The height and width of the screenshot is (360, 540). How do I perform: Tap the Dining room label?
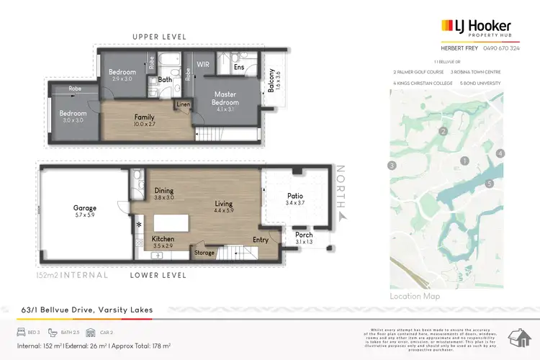[164, 190]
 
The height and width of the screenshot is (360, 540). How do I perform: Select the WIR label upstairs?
[204, 64]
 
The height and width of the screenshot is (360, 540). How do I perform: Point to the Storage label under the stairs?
[204, 253]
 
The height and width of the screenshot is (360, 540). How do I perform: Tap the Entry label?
[261, 240]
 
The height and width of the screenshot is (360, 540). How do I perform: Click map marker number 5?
[489, 184]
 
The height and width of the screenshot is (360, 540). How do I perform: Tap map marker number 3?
[392, 166]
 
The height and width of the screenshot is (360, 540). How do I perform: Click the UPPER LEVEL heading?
[159, 37]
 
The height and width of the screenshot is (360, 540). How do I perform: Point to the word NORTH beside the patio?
[343, 185]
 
